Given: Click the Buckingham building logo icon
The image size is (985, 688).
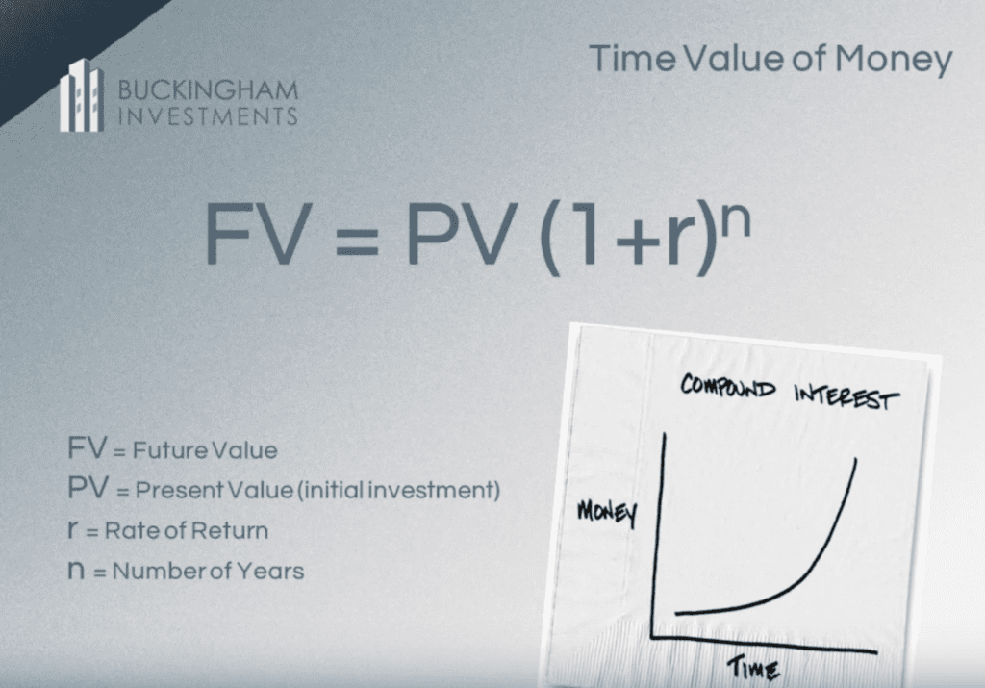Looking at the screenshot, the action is (82, 95).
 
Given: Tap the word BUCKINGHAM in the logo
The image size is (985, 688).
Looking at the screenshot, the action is (208, 90).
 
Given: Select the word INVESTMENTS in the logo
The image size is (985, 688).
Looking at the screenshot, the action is (208, 116).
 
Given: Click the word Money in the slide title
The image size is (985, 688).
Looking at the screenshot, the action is (894, 60).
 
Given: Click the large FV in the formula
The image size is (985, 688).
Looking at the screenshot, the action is (259, 234).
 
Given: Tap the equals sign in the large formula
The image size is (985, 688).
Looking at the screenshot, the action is (358, 242).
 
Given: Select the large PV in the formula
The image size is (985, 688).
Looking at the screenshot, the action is (461, 234).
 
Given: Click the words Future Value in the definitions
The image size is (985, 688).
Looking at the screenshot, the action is (205, 450).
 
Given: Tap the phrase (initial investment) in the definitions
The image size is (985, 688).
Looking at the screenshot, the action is (398, 490).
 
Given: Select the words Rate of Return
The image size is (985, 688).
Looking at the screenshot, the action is (187, 531).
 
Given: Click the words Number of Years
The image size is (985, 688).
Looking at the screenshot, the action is (208, 572).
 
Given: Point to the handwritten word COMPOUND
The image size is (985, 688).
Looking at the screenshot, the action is (728, 386).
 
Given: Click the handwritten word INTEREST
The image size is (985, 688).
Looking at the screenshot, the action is (846, 396).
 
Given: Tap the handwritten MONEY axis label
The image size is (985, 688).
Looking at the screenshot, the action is (607, 513).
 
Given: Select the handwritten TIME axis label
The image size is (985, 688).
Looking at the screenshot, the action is (753, 669).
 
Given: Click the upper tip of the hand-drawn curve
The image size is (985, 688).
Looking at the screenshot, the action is (855, 460).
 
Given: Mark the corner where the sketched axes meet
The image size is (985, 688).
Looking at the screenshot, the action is (653, 636).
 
